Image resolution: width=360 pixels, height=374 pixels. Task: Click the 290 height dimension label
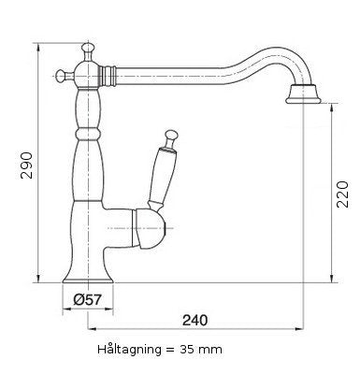26,165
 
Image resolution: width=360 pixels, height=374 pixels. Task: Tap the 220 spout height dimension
342,194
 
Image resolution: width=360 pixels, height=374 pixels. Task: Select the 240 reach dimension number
194,320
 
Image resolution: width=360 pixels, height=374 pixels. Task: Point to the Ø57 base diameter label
88,300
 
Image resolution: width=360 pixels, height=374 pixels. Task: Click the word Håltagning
130,349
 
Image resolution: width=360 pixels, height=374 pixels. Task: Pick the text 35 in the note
186,350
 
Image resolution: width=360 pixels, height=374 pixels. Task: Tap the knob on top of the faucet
88,49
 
